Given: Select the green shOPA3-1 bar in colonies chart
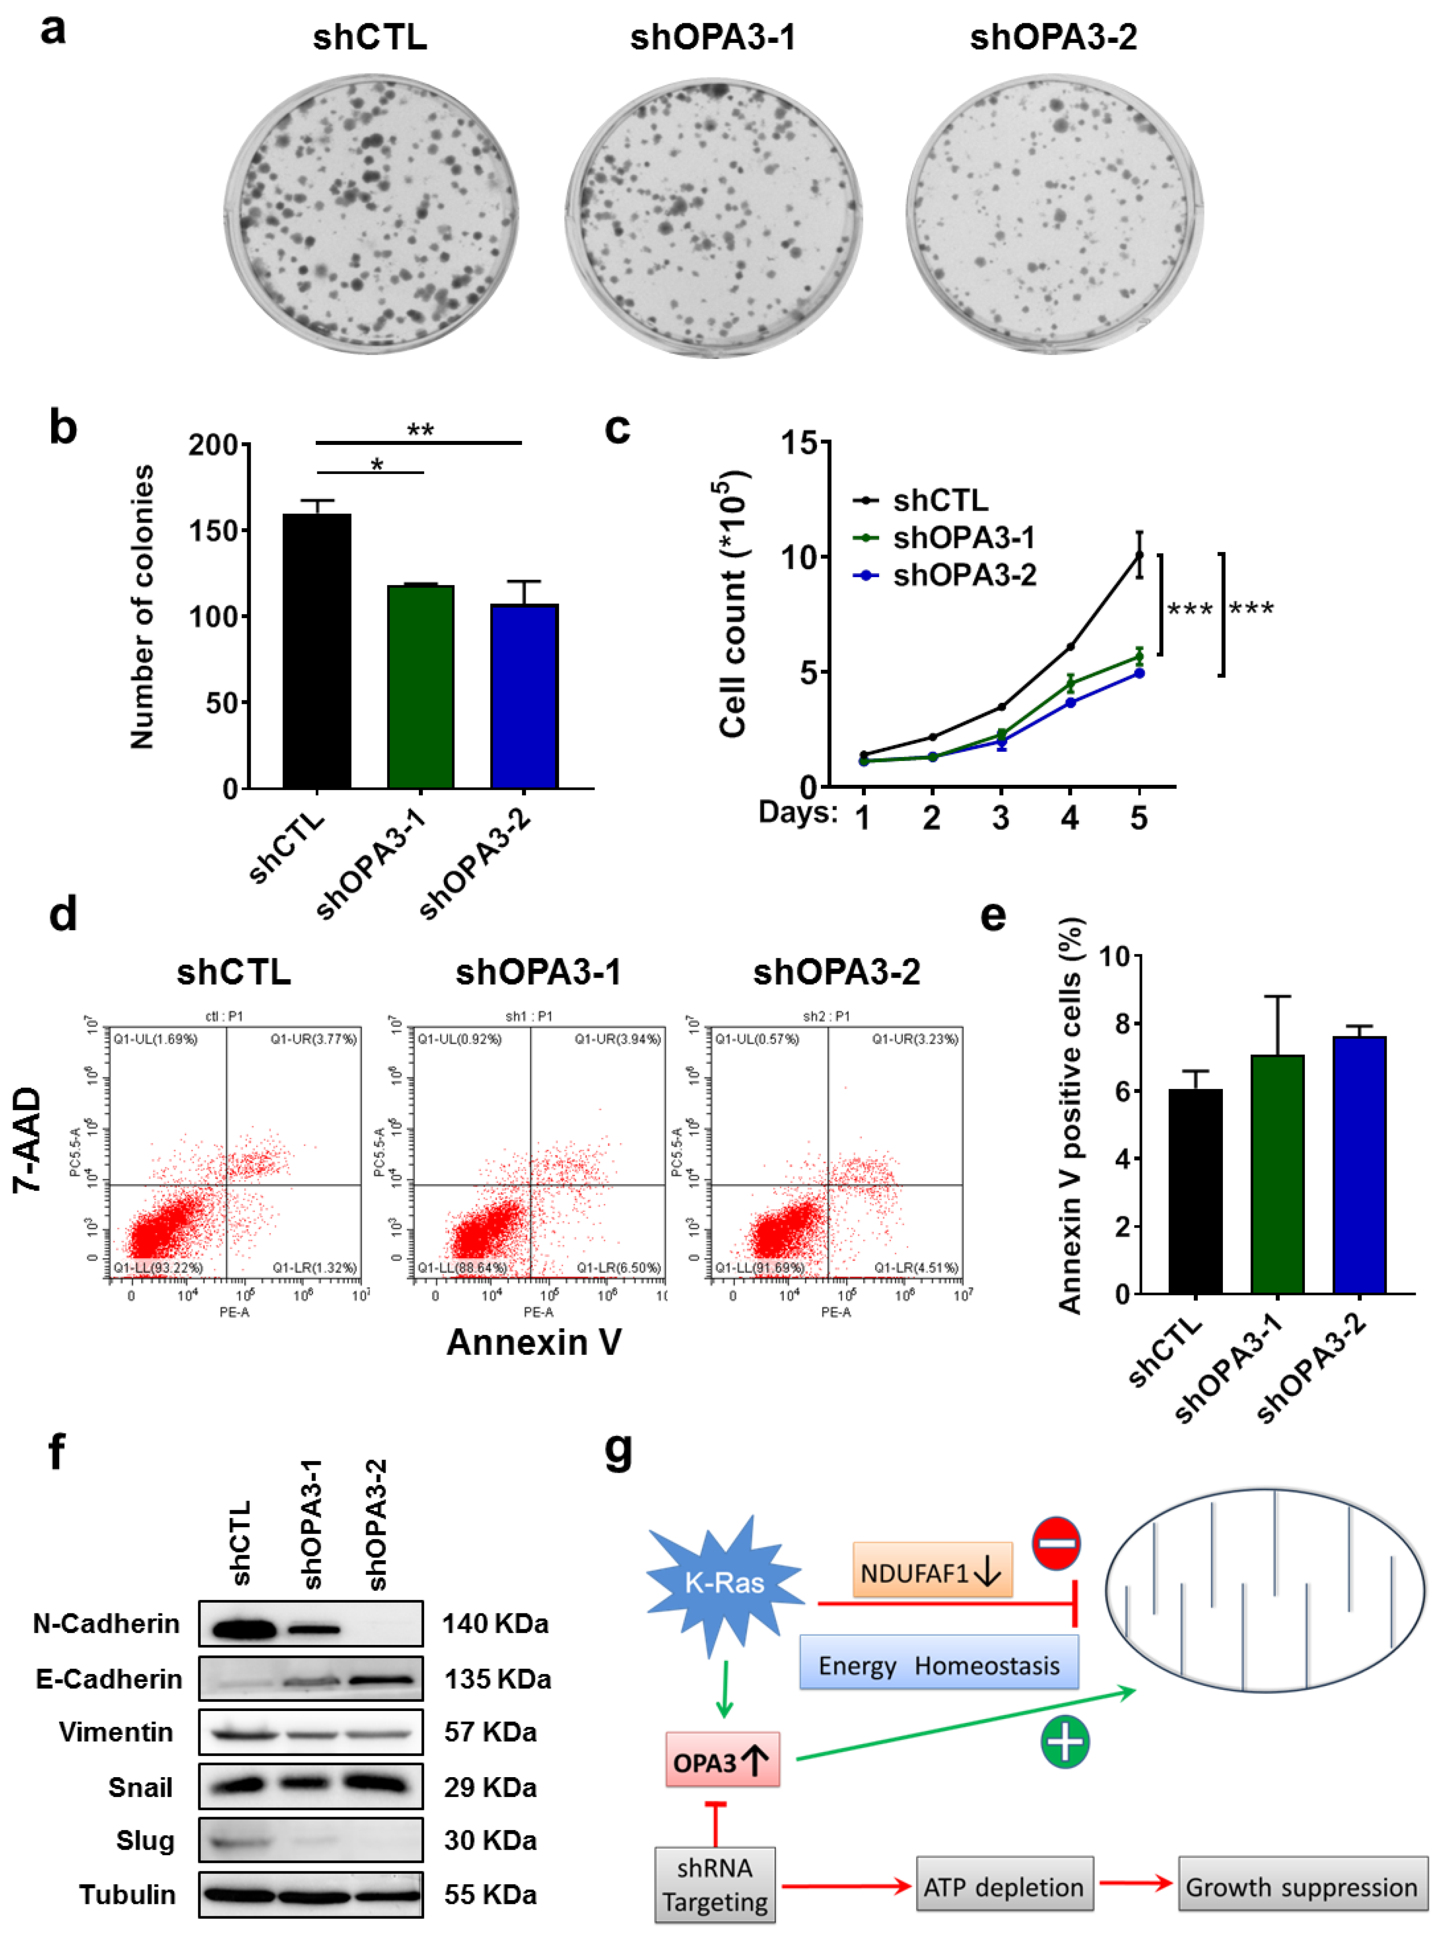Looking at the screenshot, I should pyautogui.click(x=420, y=688).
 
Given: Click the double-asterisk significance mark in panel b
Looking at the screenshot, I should pyautogui.click(x=420, y=430).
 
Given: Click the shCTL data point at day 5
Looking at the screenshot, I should pyautogui.click(x=1139, y=554).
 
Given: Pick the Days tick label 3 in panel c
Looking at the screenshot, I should pyautogui.click(x=1001, y=818).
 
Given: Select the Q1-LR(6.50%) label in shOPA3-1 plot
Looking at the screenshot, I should pyautogui.click(x=619, y=1268).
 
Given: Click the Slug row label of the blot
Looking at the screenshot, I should pyautogui.click(x=146, y=1840).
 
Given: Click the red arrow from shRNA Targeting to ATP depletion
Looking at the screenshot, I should pyautogui.click(x=845, y=1886).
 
